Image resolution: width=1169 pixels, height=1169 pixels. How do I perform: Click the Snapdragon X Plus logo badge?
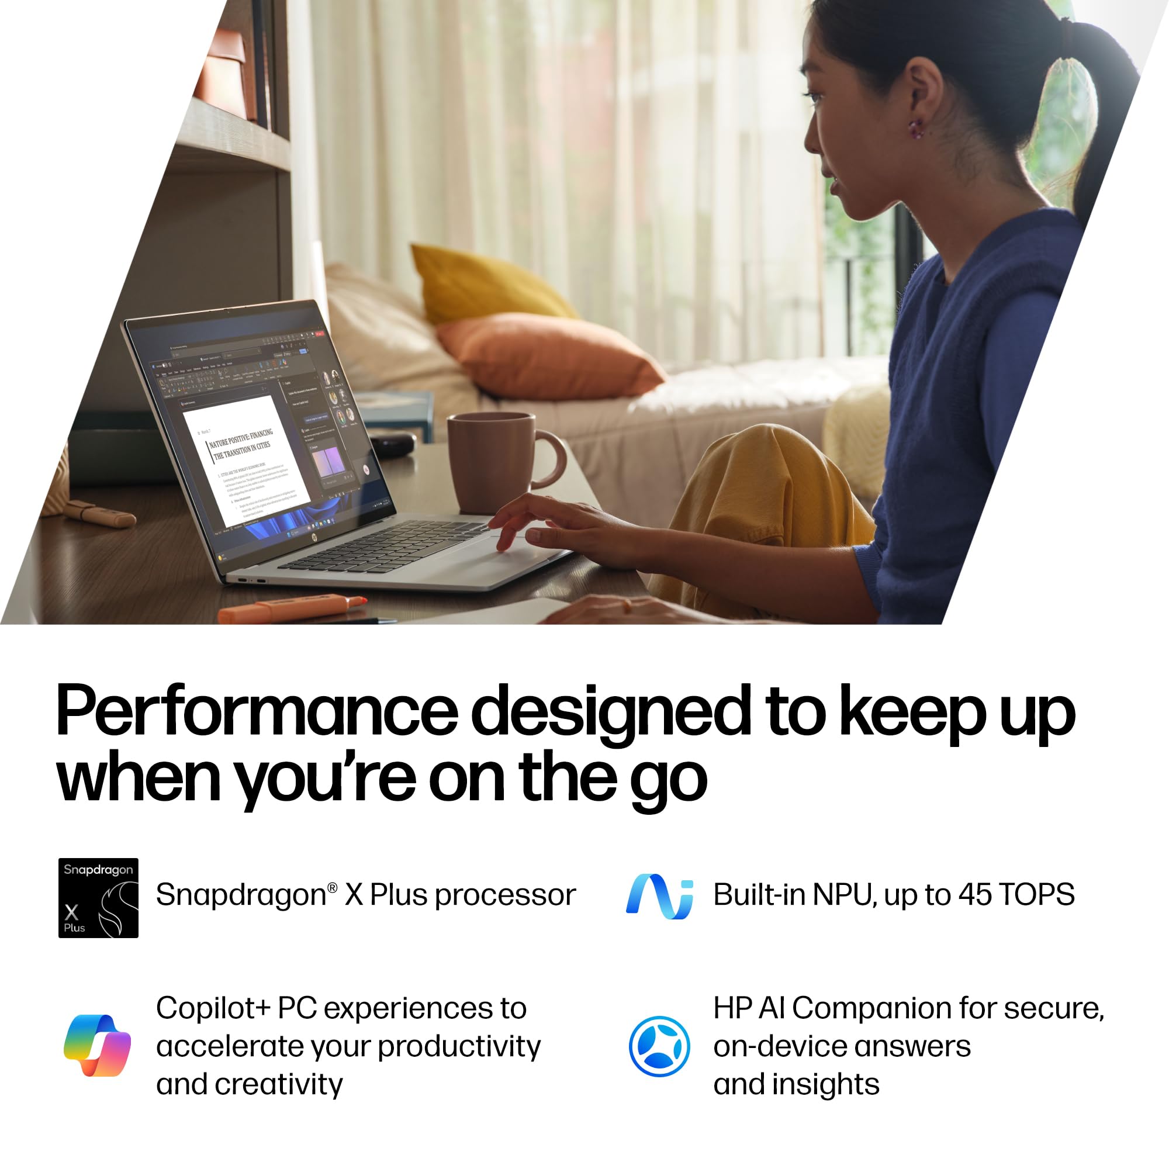(98, 897)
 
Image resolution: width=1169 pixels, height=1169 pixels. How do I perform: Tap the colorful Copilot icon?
(98, 1046)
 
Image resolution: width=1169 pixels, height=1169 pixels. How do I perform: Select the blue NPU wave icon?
(659, 896)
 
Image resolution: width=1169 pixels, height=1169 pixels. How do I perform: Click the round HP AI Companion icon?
(659, 1046)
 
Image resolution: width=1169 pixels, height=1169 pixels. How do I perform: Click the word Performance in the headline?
(257, 713)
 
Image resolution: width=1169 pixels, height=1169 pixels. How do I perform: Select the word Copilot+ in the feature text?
(213, 1008)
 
